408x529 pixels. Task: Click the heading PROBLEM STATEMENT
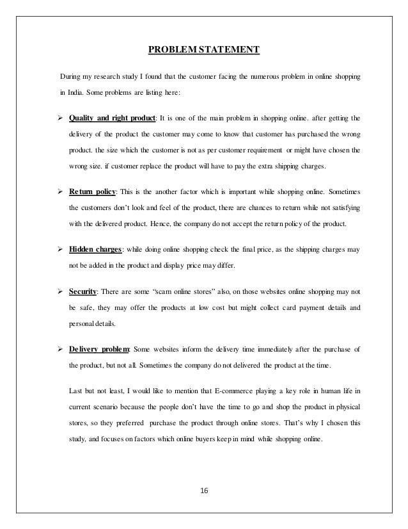[x=203, y=49]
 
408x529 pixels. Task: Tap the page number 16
[x=204, y=491]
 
